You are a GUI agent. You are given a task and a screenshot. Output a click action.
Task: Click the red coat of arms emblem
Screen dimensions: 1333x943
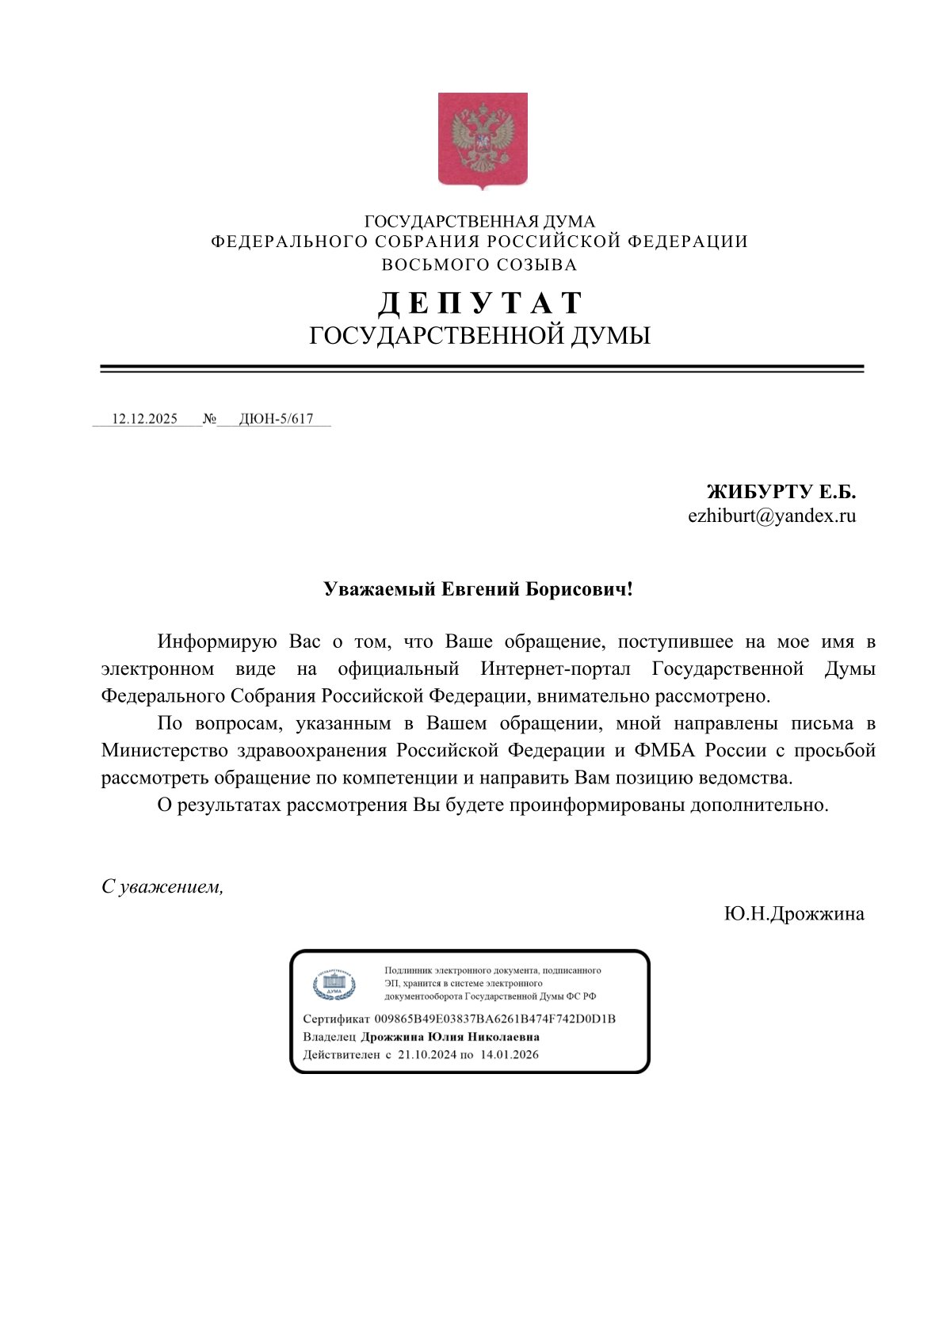pos(483,140)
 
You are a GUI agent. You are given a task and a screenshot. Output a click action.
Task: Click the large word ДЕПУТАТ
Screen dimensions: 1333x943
pos(479,303)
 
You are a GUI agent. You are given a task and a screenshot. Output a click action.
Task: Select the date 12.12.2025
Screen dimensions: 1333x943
pos(144,419)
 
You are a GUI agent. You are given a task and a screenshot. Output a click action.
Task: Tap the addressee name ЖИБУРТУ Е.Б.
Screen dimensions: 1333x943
pos(781,492)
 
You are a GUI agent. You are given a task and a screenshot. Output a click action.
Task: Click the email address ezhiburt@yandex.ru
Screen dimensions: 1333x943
pos(772,516)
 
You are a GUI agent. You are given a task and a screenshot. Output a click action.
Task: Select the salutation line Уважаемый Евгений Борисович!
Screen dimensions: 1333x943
pos(478,589)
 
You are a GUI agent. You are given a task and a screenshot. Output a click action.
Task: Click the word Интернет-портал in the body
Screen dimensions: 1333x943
pos(555,668)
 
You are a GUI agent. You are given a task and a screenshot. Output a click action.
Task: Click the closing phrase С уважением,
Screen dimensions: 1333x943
pos(162,887)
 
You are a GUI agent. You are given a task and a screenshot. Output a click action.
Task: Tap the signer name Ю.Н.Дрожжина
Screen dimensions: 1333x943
pos(794,914)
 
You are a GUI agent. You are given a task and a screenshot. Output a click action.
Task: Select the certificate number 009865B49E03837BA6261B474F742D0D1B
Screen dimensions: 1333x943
pos(494,1019)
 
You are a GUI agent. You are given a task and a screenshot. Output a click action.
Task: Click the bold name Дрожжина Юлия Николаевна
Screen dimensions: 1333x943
pos(449,1037)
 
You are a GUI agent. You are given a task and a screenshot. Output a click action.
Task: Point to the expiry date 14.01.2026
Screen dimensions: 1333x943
pos(509,1054)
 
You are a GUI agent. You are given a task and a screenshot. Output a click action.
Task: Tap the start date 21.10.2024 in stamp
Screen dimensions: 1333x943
pos(427,1054)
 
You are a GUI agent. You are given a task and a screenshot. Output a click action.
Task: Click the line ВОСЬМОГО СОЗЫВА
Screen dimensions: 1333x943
pos(479,265)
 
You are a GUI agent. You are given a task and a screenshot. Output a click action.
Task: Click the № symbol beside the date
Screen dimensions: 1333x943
pos(209,419)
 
